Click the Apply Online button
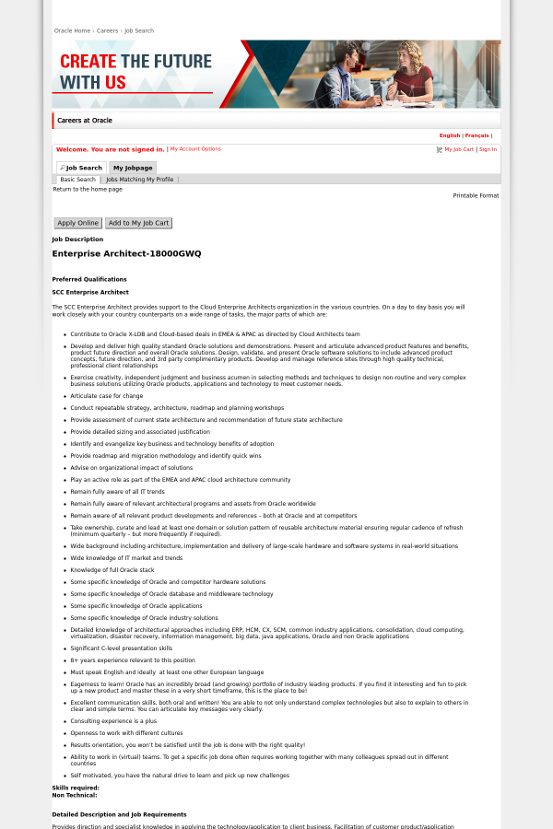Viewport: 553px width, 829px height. [77, 223]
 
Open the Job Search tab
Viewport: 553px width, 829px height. [80, 168]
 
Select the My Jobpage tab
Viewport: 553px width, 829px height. [133, 168]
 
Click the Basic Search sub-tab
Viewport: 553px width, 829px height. [78, 180]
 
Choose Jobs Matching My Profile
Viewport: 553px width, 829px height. [139, 180]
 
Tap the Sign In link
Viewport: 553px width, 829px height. [488, 149]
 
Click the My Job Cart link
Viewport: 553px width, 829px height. [458, 149]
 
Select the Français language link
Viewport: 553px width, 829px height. [477, 135]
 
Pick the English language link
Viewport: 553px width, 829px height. [450, 135]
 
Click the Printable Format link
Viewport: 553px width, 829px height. [476, 195]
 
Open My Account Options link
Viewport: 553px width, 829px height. [195, 148]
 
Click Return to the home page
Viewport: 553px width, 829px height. [88, 189]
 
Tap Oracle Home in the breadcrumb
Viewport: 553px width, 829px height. [72, 30]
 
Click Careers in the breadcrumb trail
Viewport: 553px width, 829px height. [107, 30]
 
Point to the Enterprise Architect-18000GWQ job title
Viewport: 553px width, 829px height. [126, 253]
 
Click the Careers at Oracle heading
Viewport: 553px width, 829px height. [85, 121]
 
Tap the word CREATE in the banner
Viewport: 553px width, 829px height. [88, 62]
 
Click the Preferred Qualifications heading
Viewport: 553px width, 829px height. [89, 279]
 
